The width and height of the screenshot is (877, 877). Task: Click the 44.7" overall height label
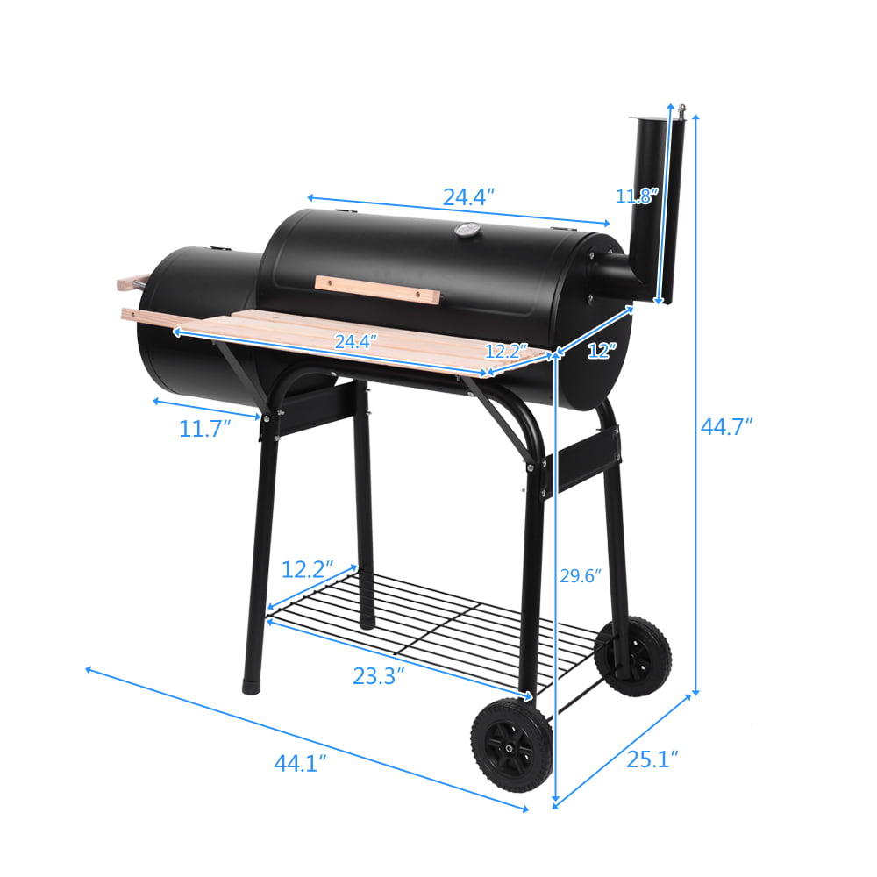click(726, 427)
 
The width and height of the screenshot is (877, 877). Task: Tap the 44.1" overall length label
click(300, 763)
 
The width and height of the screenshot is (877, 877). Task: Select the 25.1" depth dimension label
click(652, 758)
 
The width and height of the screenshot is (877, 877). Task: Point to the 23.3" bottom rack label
click(378, 676)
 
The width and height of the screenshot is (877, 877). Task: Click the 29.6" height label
click(581, 576)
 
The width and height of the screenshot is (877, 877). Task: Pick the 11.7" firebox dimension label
click(204, 429)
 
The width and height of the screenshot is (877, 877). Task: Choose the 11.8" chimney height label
click(636, 196)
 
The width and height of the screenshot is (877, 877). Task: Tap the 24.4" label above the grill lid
click(468, 196)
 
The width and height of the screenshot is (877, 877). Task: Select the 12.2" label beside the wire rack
click(307, 569)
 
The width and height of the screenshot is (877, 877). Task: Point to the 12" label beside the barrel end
click(602, 351)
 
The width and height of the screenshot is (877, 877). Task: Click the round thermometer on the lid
click(465, 231)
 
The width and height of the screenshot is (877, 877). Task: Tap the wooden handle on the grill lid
click(377, 289)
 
